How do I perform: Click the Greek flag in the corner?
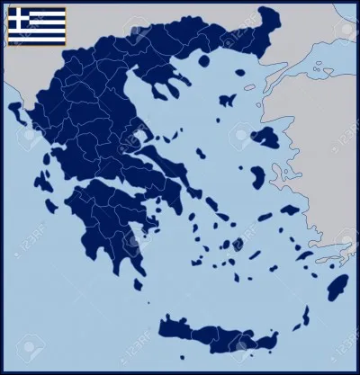point(36,25)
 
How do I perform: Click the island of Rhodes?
point(337,288)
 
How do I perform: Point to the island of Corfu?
point(16,112)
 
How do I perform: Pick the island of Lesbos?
point(266,138)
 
